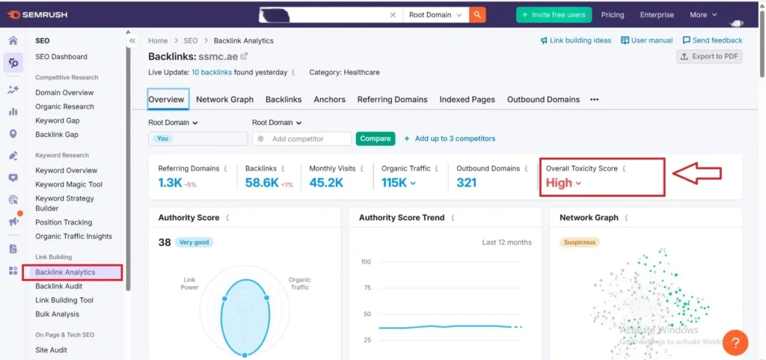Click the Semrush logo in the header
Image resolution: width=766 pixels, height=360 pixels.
coord(40,14)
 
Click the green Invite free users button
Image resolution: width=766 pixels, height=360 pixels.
coord(554,15)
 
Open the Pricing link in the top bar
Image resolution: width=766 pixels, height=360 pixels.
coord(612,15)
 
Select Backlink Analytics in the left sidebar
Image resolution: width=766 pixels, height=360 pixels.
coord(65,272)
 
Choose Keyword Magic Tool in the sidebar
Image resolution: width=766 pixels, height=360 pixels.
coord(69,184)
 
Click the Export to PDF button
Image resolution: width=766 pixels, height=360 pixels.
coord(709,57)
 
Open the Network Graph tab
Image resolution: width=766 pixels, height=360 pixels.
coord(224,100)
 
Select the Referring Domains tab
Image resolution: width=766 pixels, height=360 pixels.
coord(392,100)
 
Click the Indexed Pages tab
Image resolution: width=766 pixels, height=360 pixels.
coord(467,100)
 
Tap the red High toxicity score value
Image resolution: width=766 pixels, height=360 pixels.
coord(560,183)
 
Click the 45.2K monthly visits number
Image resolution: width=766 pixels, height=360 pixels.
coord(326,183)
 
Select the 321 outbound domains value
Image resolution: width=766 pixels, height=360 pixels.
coord(466,183)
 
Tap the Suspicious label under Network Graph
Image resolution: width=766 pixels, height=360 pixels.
coord(579,242)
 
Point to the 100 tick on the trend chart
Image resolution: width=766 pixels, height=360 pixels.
coord(366,262)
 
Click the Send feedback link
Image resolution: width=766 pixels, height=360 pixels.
coord(712,40)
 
